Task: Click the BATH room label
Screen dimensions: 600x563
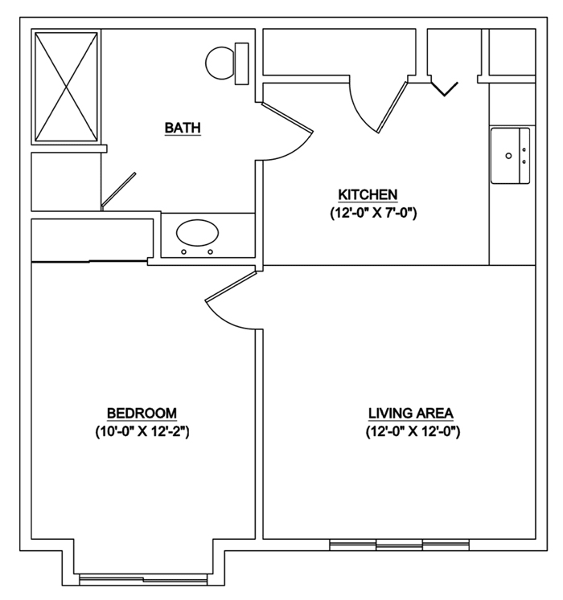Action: point(182,128)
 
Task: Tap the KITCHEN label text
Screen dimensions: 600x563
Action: point(368,195)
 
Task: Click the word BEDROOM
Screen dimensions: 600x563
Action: point(142,413)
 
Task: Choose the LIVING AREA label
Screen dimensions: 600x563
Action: point(410,413)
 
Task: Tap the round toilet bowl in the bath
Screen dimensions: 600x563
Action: point(220,63)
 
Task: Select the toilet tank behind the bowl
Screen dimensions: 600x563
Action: point(241,63)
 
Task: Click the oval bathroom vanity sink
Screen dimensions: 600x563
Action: point(197,235)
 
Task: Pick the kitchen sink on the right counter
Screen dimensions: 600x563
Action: point(511,155)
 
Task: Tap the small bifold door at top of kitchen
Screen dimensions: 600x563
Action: point(445,87)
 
